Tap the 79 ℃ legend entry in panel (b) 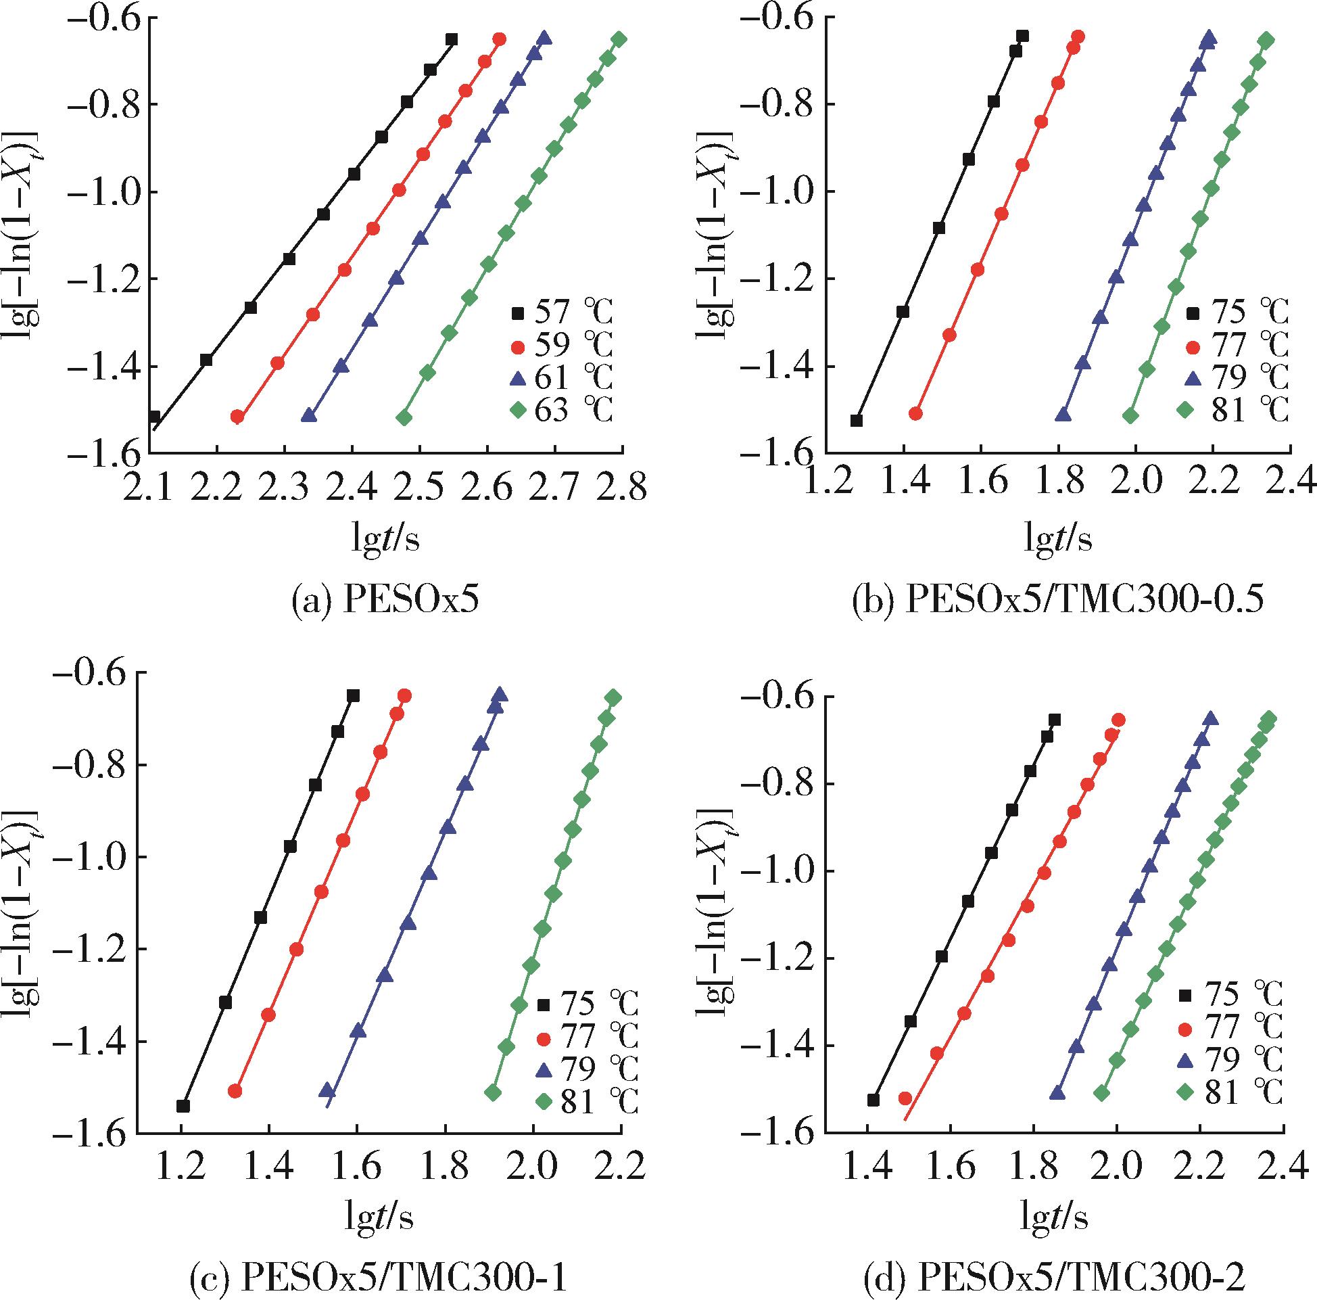tap(1235, 379)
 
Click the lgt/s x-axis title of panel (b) tap(1058, 539)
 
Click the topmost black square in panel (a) tap(451, 39)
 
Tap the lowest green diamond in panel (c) tap(494, 1092)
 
